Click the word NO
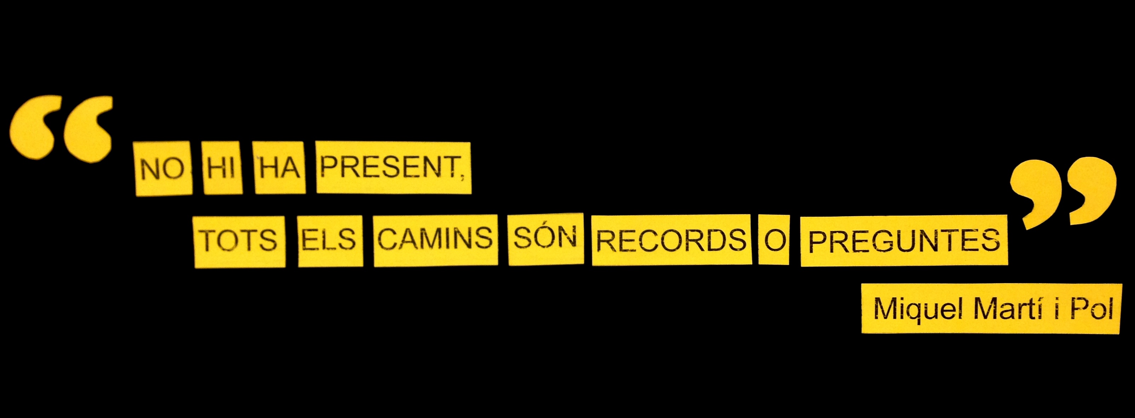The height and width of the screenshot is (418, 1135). point(162,168)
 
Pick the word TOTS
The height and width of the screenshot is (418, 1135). point(238,240)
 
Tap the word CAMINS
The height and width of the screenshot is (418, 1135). point(435,239)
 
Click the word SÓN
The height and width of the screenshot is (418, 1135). point(545,238)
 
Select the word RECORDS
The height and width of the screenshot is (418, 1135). point(671,240)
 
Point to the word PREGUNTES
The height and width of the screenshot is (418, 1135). point(904,241)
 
